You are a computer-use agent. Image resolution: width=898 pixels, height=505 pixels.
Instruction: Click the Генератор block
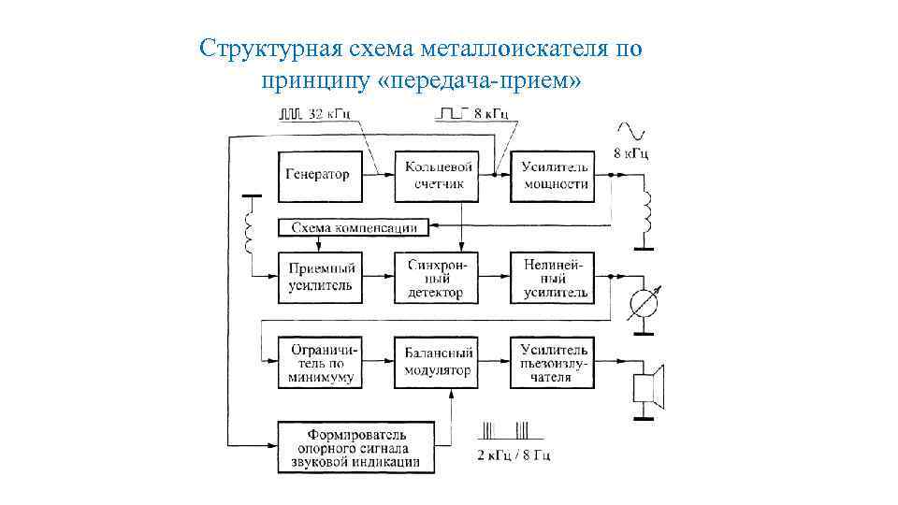[x=318, y=175]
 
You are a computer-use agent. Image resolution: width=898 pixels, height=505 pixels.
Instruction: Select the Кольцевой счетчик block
[x=434, y=175]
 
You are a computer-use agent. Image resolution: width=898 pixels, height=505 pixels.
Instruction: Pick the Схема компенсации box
[x=355, y=227]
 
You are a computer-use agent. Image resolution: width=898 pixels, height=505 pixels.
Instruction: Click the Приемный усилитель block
[x=318, y=277]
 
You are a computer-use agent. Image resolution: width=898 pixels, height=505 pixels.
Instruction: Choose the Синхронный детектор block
[x=434, y=277]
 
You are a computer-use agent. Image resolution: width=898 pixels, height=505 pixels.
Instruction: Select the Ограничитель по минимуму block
[x=318, y=362]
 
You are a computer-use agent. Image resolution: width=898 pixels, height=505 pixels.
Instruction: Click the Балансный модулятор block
[x=434, y=362]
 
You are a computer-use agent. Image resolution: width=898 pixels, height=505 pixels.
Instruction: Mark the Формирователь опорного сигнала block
[x=356, y=446]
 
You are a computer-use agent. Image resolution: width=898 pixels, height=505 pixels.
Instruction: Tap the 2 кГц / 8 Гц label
[x=514, y=455]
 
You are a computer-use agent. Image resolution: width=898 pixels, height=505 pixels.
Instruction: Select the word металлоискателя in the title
[x=502, y=48]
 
